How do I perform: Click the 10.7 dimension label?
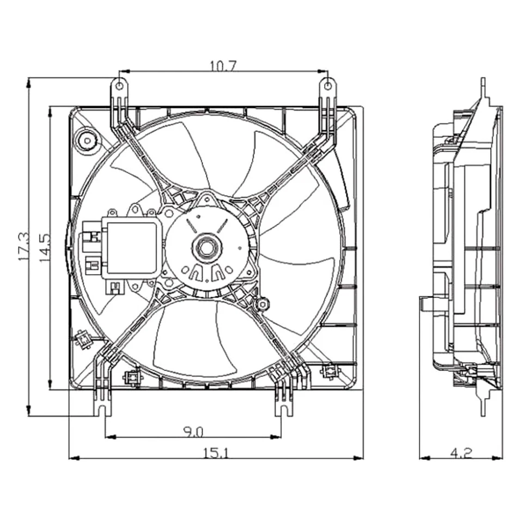pyautogui.click(x=223, y=66)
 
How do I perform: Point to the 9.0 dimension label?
pyautogui.click(x=192, y=432)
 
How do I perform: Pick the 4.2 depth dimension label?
pyautogui.click(x=461, y=452)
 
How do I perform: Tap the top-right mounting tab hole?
pyautogui.click(x=327, y=84)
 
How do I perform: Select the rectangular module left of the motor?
pyautogui.click(x=131, y=248)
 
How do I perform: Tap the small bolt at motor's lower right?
pyautogui.click(x=263, y=303)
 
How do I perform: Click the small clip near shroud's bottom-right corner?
pyautogui.click(x=329, y=372)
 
